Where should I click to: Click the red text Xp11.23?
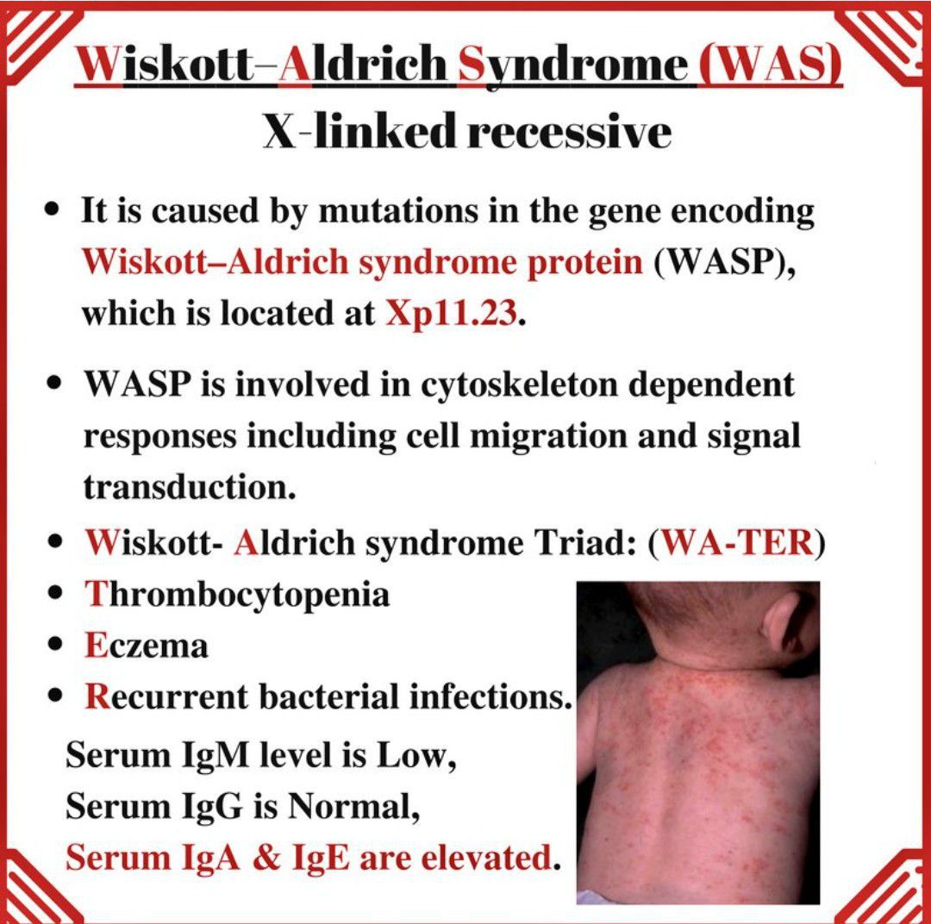coord(452,314)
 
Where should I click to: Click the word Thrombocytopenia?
coord(237,595)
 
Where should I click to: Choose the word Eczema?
coord(147,645)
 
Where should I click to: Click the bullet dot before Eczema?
coord(56,645)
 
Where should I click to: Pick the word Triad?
coord(590,544)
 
